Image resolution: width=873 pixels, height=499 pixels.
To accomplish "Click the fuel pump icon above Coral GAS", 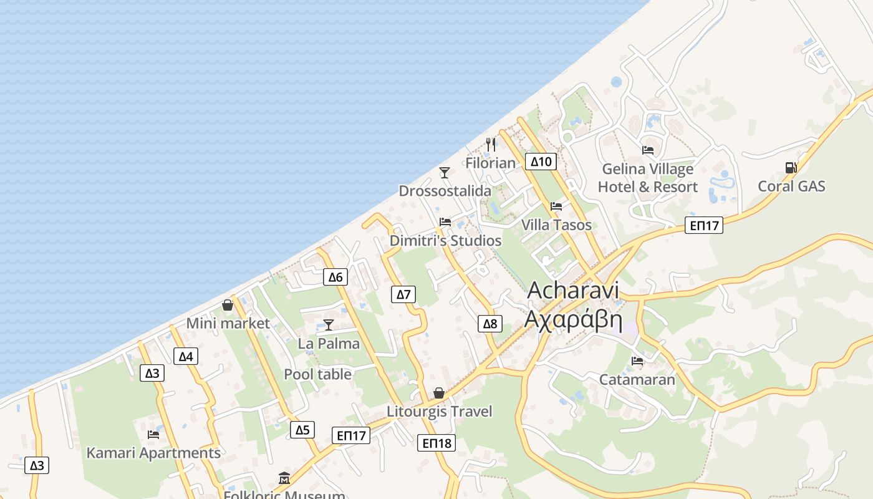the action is pyautogui.click(x=791, y=167).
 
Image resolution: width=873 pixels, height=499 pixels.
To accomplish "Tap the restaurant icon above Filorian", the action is pyautogui.click(x=491, y=145).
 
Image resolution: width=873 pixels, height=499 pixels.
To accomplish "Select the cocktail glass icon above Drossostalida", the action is pyautogui.click(x=444, y=172).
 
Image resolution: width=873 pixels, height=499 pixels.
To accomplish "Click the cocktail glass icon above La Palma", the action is pyautogui.click(x=328, y=324).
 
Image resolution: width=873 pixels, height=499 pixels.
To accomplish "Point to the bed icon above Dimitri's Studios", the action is pyautogui.click(x=445, y=222).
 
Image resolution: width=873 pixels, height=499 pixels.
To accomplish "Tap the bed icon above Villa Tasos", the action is pyautogui.click(x=556, y=206).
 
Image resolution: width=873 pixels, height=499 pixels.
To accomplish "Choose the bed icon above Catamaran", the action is pyautogui.click(x=637, y=361).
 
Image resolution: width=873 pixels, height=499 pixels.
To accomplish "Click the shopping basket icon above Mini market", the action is pyautogui.click(x=228, y=305).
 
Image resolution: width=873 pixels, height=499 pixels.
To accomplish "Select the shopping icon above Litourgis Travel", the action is pyautogui.click(x=439, y=393).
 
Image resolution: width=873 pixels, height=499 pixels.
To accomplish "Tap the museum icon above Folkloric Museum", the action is pyautogui.click(x=284, y=478).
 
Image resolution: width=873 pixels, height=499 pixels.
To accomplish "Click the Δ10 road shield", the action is pyautogui.click(x=541, y=162).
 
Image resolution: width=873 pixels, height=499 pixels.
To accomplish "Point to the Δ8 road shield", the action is pyautogui.click(x=490, y=323).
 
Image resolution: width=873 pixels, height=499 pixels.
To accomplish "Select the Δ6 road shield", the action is pyautogui.click(x=335, y=277).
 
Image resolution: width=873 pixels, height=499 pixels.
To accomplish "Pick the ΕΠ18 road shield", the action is pyautogui.click(x=436, y=443).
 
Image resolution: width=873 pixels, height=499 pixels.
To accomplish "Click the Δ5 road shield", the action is pyautogui.click(x=302, y=430).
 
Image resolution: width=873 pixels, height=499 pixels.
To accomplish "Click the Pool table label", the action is pyautogui.click(x=317, y=374).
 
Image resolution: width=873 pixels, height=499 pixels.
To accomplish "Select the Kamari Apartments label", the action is pyautogui.click(x=153, y=453).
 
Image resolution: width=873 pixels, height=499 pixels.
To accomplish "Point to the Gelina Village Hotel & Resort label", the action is pyautogui.click(x=647, y=178).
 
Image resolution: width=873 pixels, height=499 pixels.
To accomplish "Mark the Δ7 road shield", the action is pyautogui.click(x=403, y=294).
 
